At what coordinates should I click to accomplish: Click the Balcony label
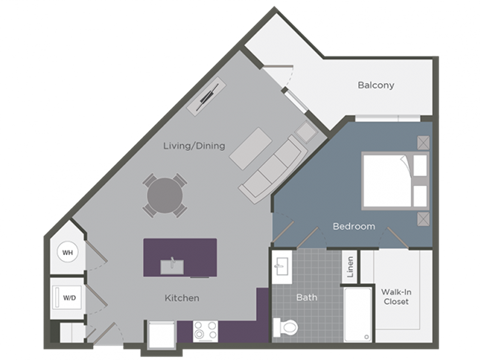[376, 85]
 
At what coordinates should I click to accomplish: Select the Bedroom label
[354, 226]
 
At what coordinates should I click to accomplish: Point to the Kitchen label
[182, 298]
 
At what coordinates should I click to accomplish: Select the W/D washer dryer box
[69, 297]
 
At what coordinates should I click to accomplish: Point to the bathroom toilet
[286, 327]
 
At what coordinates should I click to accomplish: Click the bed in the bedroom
[390, 180]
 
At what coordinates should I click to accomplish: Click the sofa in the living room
[272, 166]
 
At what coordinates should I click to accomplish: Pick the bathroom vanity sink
[282, 267]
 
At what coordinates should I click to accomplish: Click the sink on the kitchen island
[171, 264]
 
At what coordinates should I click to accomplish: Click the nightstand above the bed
[424, 143]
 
